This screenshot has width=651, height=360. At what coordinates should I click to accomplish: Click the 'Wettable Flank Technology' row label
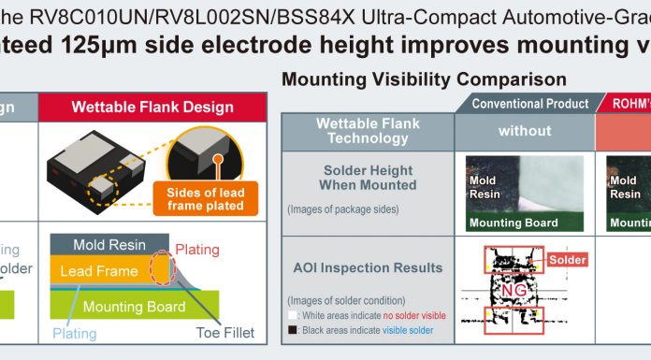(x=368, y=131)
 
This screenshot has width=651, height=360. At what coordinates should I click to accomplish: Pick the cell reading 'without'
(x=524, y=131)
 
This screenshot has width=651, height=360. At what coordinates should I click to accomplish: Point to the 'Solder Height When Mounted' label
(x=368, y=178)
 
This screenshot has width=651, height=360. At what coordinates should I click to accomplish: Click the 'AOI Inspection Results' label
(x=368, y=268)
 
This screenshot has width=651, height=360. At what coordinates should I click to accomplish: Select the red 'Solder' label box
(x=567, y=259)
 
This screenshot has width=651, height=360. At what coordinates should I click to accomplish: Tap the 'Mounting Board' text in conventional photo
(x=514, y=223)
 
